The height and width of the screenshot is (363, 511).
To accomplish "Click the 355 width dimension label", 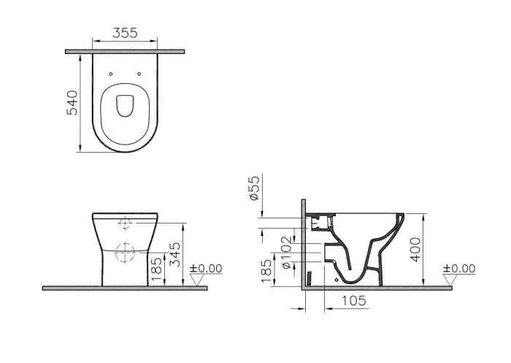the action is tap(125, 33).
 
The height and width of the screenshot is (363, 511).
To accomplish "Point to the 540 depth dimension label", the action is tap(72, 103).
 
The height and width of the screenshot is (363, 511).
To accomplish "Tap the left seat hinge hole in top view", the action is tap(111, 74).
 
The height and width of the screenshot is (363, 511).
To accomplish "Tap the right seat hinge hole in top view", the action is tap(139, 74).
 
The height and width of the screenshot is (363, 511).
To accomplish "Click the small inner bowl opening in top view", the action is tap(125, 106).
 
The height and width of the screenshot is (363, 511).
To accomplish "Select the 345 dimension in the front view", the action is tap(176, 254).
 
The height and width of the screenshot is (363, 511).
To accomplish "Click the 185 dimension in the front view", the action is tap(157, 269).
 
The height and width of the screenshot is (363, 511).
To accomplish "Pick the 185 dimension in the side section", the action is tap(266, 272).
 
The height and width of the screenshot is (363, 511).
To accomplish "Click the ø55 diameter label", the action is tap(254, 188).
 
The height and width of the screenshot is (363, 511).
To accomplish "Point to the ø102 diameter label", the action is tap(285, 253).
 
